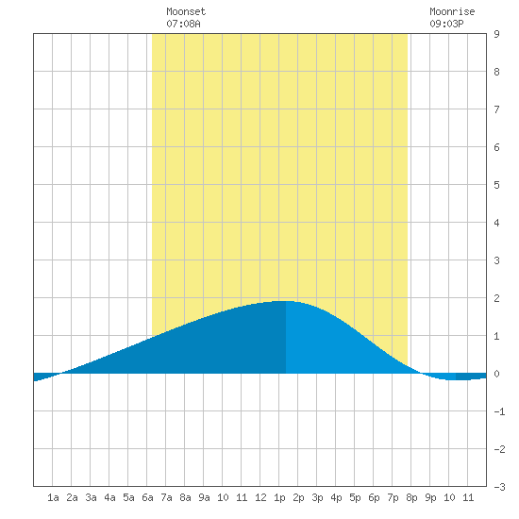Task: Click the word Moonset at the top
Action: tap(186, 11)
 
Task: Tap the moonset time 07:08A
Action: tap(183, 24)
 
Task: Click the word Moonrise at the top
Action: tap(452, 11)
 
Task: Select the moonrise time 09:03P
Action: tap(446, 24)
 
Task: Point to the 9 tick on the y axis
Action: tap(496, 34)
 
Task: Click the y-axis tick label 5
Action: tap(496, 185)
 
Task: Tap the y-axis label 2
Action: tap(496, 298)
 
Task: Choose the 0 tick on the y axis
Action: tap(496, 374)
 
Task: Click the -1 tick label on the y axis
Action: tap(499, 411)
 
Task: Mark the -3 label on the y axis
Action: tap(499, 487)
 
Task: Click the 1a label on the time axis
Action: tap(53, 497)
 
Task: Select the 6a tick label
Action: tap(147, 497)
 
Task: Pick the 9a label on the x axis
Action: tap(204, 497)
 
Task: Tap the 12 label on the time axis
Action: tap(260, 497)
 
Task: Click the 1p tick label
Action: tap(279, 497)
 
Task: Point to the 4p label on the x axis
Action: tap(336, 497)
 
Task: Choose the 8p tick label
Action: tap(411, 497)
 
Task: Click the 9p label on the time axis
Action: tap(430, 497)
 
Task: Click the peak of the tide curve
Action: tap(286, 301)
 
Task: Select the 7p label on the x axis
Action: tap(393, 497)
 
